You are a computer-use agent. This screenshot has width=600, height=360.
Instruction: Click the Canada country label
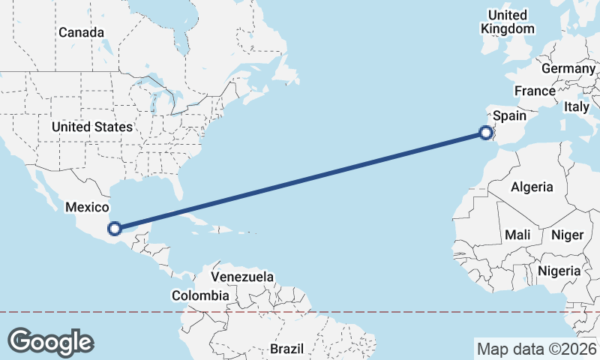coord(81,32)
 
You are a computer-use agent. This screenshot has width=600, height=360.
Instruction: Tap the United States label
coord(92,127)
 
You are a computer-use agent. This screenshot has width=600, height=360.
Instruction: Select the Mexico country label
coord(87,207)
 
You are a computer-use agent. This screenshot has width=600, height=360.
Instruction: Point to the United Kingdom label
coord(508,22)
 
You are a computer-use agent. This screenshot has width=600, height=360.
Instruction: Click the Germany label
coord(568,68)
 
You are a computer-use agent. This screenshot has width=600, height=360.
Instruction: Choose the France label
coord(534,91)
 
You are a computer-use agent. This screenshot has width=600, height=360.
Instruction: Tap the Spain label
coord(509,116)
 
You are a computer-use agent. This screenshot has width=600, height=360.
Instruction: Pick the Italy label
coord(577,107)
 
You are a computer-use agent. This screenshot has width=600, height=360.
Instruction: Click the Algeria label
coord(531,187)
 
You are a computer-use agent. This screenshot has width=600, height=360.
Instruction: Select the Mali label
coord(517,235)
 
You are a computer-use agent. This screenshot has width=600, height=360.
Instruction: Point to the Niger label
coord(567,235)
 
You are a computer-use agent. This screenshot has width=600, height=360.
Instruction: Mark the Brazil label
coord(286,349)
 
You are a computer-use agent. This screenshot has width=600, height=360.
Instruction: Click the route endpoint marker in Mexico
coord(115,229)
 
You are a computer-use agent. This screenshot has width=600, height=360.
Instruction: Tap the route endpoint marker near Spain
coord(486,133)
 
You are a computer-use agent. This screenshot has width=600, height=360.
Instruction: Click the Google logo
coord(50,341)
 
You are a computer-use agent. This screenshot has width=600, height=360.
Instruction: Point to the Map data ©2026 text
coord(536,349)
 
